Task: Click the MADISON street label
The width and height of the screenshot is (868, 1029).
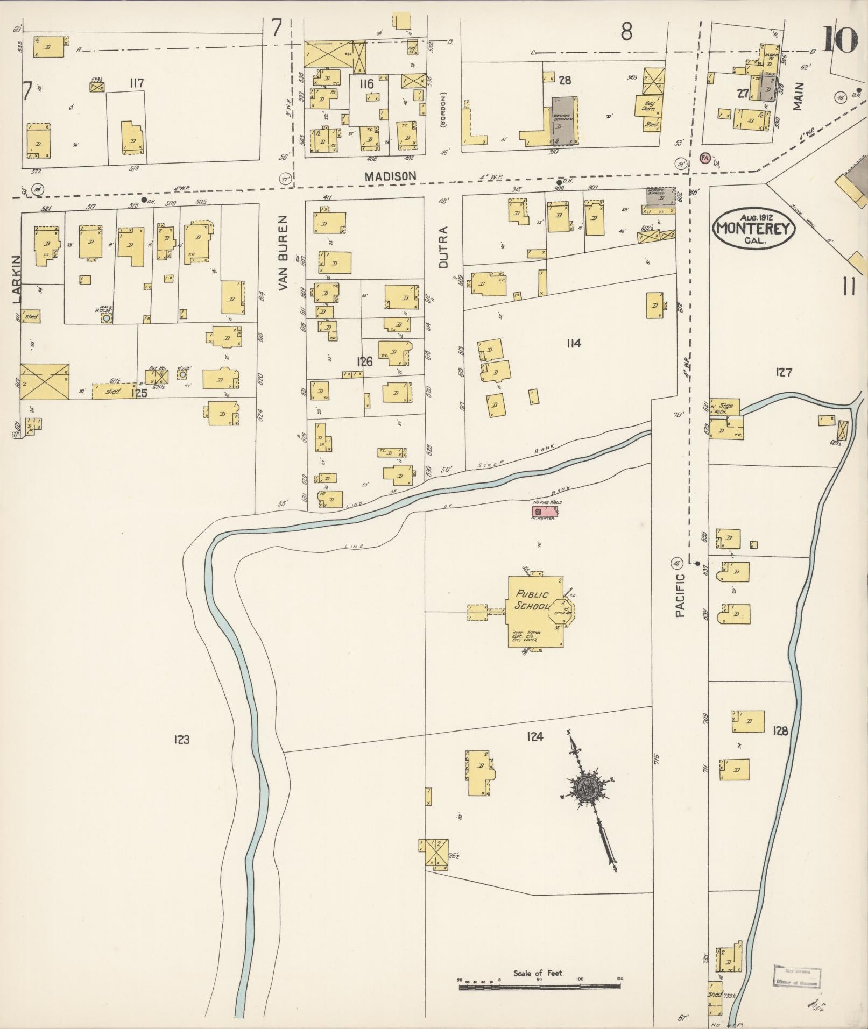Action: click(x=390, y=176)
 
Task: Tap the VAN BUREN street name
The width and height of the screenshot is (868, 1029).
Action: click(x=284, y=253)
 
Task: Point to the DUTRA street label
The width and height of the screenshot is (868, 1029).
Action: click(x=443, y=246)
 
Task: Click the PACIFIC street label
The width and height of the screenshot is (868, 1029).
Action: click(x=681, y=594)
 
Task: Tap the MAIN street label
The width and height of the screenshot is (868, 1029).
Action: click(x=798, y=96)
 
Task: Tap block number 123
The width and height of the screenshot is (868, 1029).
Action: click(x=181, y=740)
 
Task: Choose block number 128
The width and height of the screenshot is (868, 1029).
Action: click(x=780, y=731)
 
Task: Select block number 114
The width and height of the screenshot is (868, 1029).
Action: click(x=574, y=343)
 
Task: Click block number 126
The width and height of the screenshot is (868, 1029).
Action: click(x=364, y=361)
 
